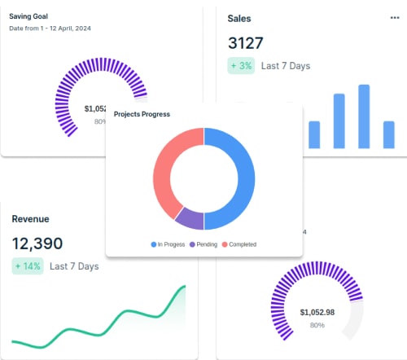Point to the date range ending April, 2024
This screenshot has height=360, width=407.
click(49, 29)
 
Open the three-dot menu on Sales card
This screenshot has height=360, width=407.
click(395, 17)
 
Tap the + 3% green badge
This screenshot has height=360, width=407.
click(241, 65)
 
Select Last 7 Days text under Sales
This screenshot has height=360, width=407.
click(285, 65)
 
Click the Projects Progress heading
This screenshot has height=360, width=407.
click(142, 114)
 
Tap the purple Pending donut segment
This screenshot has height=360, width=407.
click(189, 218)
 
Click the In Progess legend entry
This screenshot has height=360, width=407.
click(168, 244)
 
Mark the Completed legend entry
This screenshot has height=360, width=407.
click(239, 244)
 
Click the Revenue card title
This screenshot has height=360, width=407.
click(31, 218)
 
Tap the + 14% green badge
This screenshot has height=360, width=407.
click(28, 266)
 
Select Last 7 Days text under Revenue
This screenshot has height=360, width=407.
click(73, 266)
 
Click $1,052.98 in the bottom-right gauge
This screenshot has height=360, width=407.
click(317, 312)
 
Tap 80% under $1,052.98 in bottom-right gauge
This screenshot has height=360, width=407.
click(317, 325)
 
